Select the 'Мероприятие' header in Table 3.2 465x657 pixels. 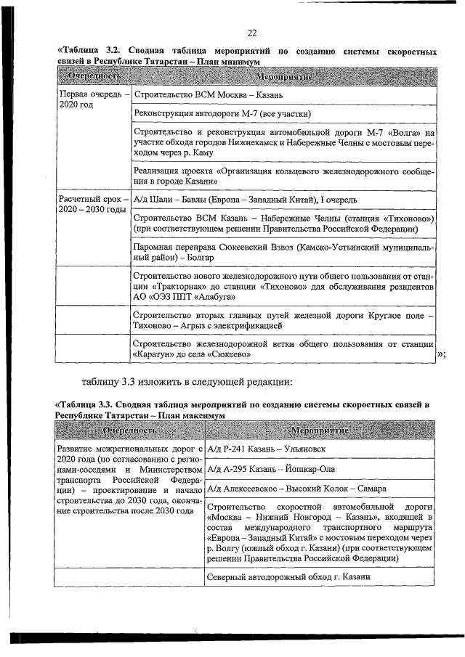click(284, 76)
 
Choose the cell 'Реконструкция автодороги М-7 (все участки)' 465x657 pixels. click(224, 114)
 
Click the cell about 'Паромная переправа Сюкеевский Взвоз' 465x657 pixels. click(284, 252)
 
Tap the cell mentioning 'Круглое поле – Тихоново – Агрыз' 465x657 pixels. click(284, 320)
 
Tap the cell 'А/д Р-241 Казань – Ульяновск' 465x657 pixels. click(272, 449)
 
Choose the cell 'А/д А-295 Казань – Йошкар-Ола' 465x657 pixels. click(277, 470)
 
